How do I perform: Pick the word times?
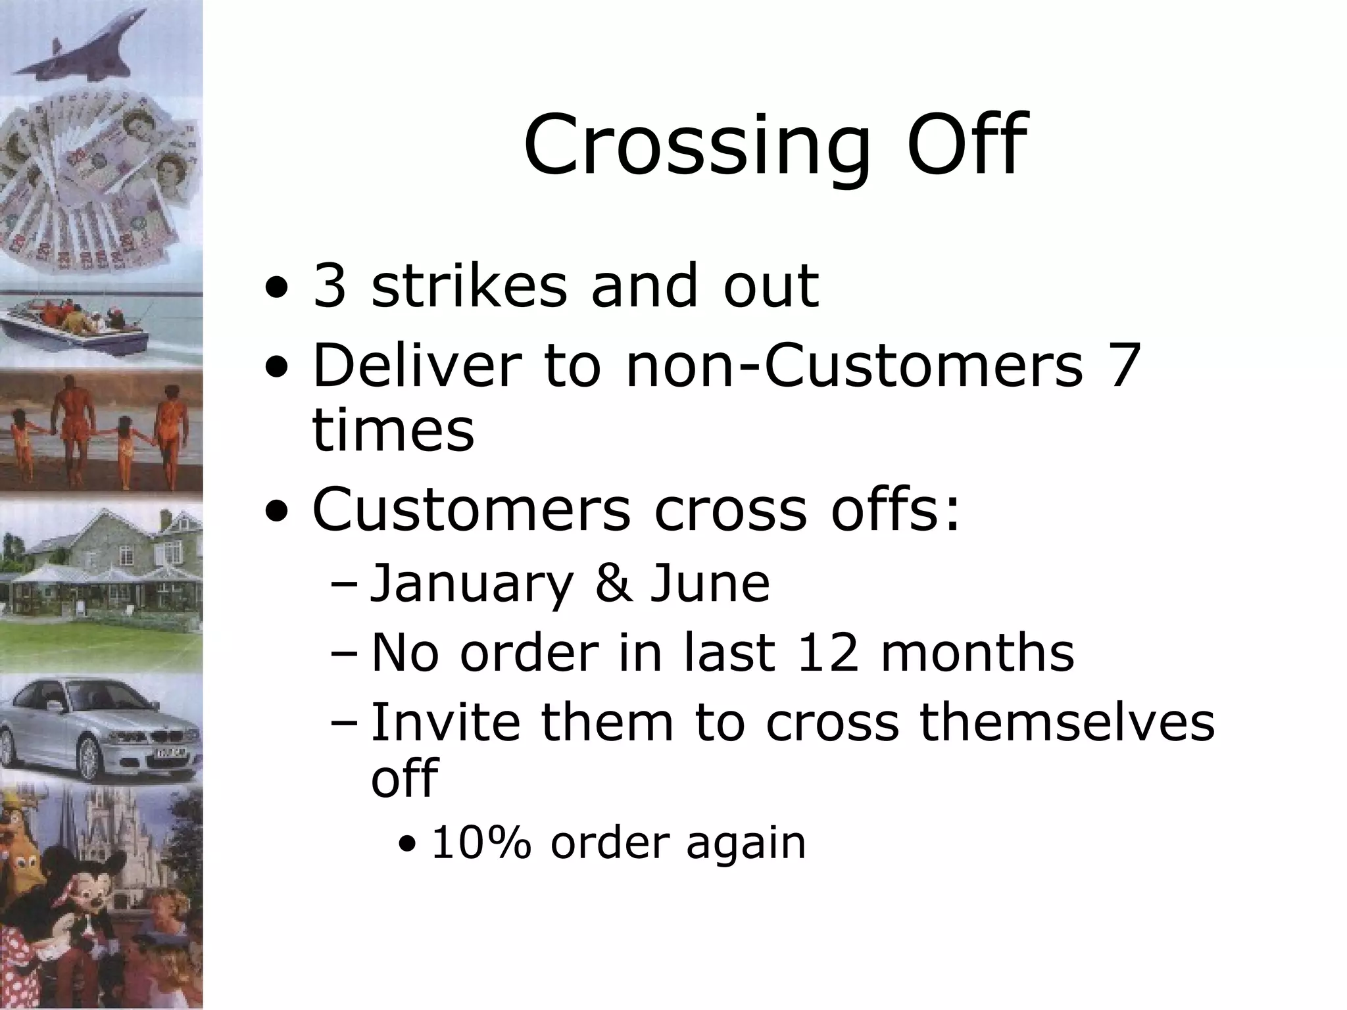click(393, 430)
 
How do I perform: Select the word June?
click(710, 583)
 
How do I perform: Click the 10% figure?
click(481, 843)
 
